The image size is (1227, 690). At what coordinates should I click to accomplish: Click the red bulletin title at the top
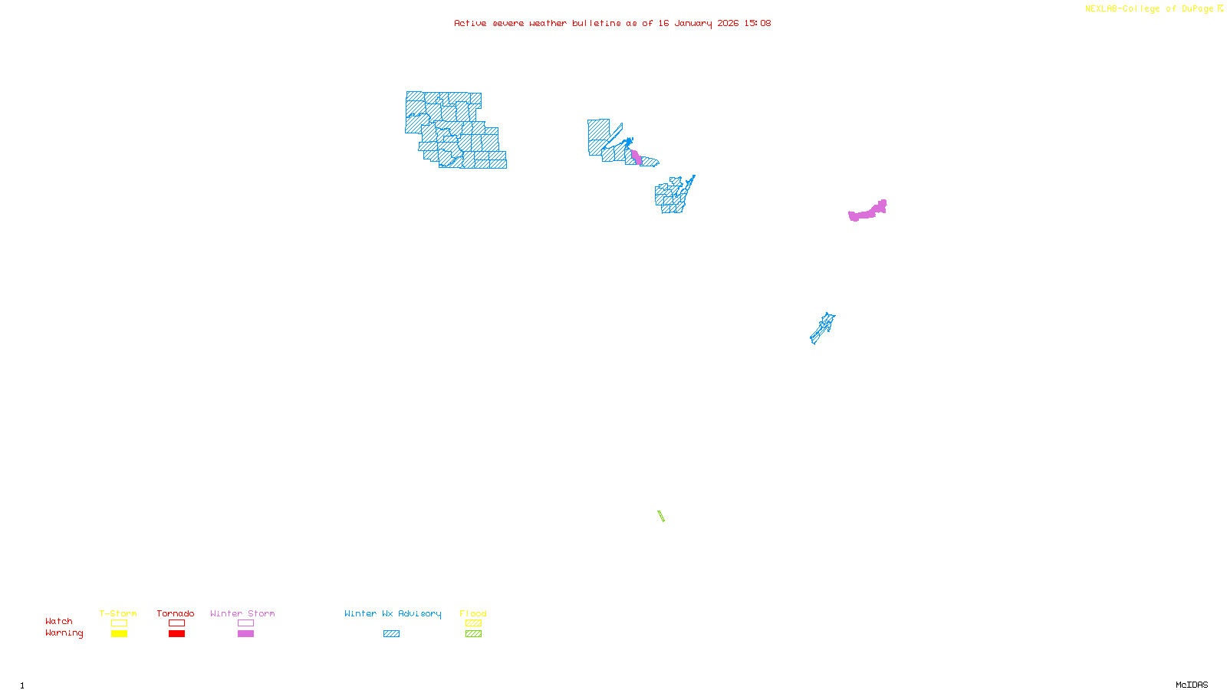coord(612,23)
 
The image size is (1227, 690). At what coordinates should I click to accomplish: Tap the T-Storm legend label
coord(118,613)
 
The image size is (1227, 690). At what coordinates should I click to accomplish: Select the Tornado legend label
coord(176,613)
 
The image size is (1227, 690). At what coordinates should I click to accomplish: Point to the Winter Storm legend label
coord(242,613)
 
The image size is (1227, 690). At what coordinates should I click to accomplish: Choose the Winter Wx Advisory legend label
coord(393,613)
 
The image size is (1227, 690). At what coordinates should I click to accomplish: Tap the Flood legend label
coord(473,613)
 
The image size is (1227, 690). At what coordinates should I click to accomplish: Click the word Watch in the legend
coord(59,621)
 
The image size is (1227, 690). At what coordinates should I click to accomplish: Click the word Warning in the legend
coord(64,633)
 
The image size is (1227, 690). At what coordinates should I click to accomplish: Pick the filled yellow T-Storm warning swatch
coord(119,634)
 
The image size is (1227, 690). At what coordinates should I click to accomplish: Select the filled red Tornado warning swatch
coord(176,634)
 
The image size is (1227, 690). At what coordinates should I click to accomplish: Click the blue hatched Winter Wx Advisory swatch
coord(391,634)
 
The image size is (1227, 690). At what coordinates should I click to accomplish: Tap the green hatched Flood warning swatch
coord(473,634)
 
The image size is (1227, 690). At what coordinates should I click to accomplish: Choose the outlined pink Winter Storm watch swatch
coord(245,623)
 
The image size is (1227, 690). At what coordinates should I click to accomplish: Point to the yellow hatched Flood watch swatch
coord(473,623)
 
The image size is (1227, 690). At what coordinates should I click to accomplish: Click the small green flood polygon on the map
coord(661,516)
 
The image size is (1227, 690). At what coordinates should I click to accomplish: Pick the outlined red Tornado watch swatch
coord(176,623)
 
